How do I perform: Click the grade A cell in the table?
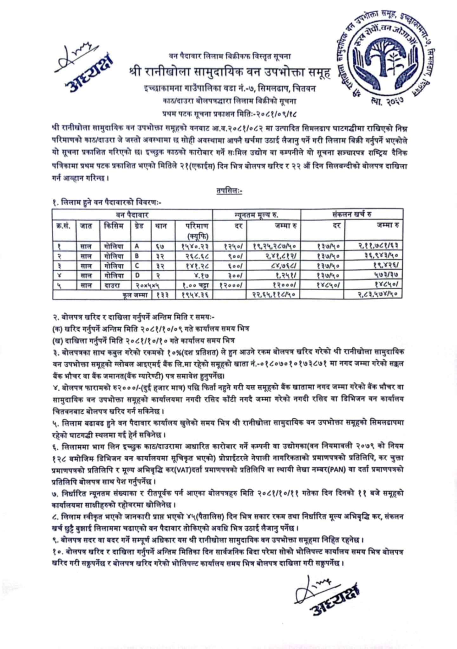pyautogui.click(x=137, y=246)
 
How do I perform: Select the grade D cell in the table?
pyautogui.click(x=137, y=275)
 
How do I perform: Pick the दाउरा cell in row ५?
pyautogui.click(x=113, y=285)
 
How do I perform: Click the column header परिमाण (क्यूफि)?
pyautogui.click(x=197, y=231)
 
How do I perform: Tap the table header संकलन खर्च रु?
pyautogui.click(x=352, y=215)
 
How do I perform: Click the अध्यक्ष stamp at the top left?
pyautogui.click(x=90, y=76)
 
